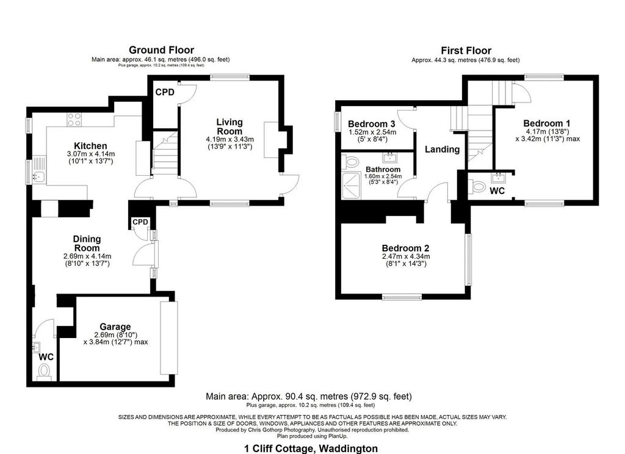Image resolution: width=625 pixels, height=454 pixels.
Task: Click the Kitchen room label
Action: (90, 146)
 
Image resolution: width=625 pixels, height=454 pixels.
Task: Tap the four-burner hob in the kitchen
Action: (74, 120)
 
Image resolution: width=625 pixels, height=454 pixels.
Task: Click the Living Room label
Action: (229, 127)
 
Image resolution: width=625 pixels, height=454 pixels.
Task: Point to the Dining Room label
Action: (87, 243)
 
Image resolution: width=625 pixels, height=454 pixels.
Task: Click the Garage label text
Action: (115, 327)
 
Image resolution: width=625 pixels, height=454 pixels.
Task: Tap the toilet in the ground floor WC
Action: (43, 372)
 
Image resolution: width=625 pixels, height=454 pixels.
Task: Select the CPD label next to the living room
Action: (165, 92)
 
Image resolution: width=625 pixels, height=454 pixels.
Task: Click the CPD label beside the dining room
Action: (140, 222)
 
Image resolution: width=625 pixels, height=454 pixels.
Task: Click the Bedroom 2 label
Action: (405, 248)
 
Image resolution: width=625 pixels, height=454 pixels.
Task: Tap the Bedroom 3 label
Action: (372, 124)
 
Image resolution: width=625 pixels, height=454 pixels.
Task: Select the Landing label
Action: (442, 150)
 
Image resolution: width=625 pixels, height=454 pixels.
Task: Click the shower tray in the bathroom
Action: (352, 186)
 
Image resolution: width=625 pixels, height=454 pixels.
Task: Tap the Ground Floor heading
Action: (161, 50)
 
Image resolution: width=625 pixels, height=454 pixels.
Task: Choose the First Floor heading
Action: (466, 51)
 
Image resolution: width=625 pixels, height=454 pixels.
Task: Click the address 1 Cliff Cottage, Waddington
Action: (311, 449)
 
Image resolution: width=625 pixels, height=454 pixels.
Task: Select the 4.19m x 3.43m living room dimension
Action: (230, 140)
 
